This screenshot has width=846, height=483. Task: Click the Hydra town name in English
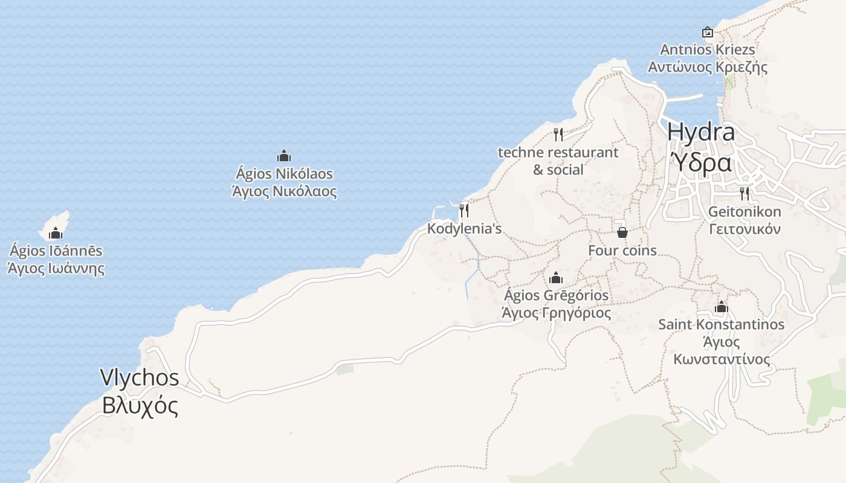pos(701,132)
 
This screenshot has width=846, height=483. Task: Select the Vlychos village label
pos(140,378)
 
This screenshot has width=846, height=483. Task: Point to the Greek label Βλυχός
pos(140,406)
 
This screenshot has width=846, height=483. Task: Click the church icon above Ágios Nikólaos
pos(284,156)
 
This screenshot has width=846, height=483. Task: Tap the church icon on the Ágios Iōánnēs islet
pos(56,233)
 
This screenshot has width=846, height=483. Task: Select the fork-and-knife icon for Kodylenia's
pos(464,211)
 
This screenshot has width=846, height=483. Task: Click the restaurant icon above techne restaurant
pos(558,134)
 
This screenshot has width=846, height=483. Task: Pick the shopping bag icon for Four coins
pos(622,232)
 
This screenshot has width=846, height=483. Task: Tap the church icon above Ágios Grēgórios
pos(556,278)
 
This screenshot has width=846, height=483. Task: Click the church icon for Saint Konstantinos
pos(721,307)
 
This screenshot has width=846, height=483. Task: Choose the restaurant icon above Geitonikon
pos(744,194)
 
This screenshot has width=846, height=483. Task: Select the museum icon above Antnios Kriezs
pos(708,32)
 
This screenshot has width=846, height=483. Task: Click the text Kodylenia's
pos(464,229)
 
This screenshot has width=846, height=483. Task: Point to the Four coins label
pos(622,250)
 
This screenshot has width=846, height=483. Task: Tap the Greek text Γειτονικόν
pos(744,229)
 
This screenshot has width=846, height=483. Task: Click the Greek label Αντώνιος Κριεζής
pos(708,67)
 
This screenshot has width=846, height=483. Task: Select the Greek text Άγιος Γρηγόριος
pos(556,313)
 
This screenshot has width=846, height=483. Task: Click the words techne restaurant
pos(558,153)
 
